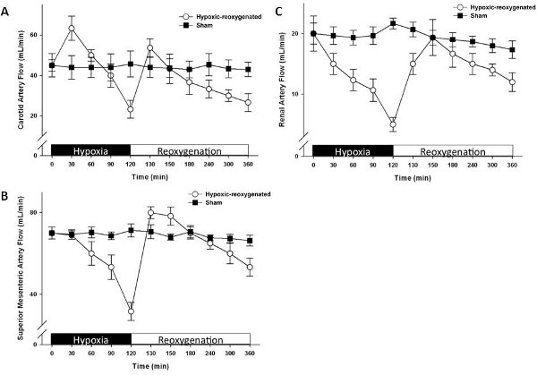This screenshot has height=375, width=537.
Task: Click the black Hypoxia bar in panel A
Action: pyautogui.click(x=90, y=149)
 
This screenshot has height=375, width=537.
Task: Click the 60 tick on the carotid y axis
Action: pyautogui.click(x=35, y=35)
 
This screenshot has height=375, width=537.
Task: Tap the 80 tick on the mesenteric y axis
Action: pyautogui.click(x=36, y=212)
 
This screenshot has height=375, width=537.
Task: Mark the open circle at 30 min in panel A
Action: pyautogui.click(x=72, y=29)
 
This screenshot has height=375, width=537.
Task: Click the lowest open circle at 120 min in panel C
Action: pyautogui.click(x=393, y=124)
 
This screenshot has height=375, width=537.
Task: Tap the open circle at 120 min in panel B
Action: pyautogui.click(x=132, y=311)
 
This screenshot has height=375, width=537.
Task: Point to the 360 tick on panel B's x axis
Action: pyautogui.click(x=249, y=355)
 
